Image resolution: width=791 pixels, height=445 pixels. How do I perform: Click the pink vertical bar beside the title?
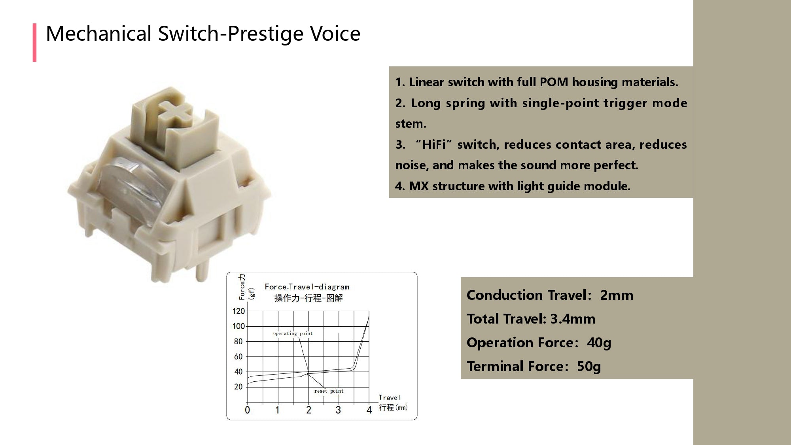35,43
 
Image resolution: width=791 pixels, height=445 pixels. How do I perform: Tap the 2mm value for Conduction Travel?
617,295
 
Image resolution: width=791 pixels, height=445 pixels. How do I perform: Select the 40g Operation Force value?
599,343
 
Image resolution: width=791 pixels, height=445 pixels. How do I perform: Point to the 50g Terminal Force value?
589,367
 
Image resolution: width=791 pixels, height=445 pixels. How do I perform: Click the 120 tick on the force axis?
238,311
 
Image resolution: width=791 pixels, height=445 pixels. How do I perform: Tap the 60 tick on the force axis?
238,357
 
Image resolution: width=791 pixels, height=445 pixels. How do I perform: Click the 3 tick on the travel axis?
338,410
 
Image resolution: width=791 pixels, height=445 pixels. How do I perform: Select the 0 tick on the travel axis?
248,410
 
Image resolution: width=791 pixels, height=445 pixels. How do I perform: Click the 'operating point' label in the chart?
293,333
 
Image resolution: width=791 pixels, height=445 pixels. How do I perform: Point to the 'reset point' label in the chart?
329,391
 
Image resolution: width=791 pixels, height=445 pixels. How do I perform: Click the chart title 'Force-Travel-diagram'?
307,287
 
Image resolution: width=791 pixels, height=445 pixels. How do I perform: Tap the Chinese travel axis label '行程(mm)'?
393,407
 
